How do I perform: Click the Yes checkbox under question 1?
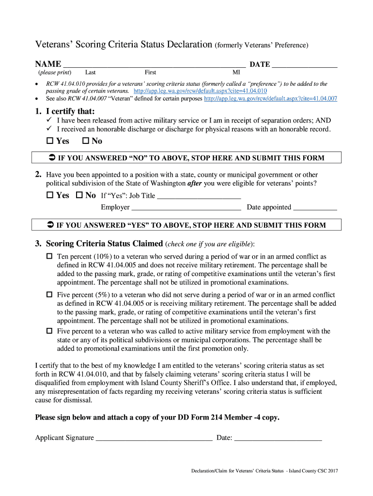pos(49,141)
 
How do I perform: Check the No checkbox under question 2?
pos(78,196)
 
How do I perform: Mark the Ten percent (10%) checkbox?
pos(49,256)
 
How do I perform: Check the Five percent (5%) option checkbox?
pos(49,294)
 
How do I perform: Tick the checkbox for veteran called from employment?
pos(49,331)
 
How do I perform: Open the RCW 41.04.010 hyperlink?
pos(200,91)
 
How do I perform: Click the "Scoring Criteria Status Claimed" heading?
pos(104,243)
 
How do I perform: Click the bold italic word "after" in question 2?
pos(194,184)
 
